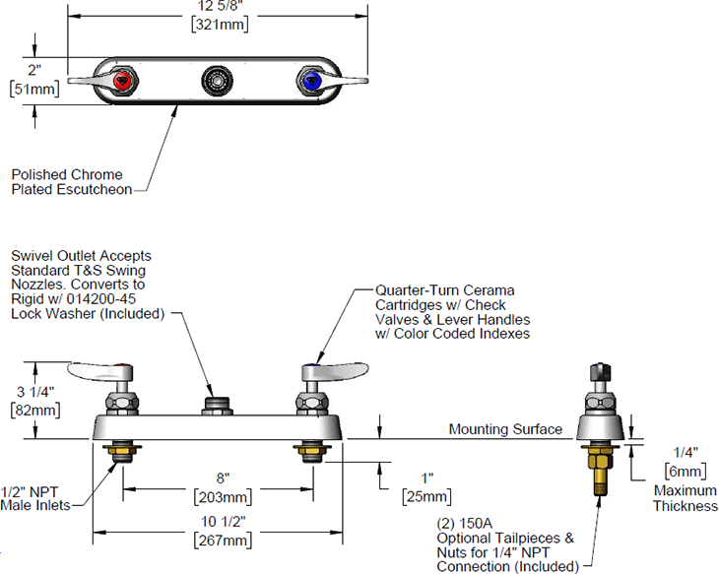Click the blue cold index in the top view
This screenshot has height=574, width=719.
[x=311, y=79]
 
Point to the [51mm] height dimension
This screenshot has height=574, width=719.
[x=33, y=90]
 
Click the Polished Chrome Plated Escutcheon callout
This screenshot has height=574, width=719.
[x=71, y=181]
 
